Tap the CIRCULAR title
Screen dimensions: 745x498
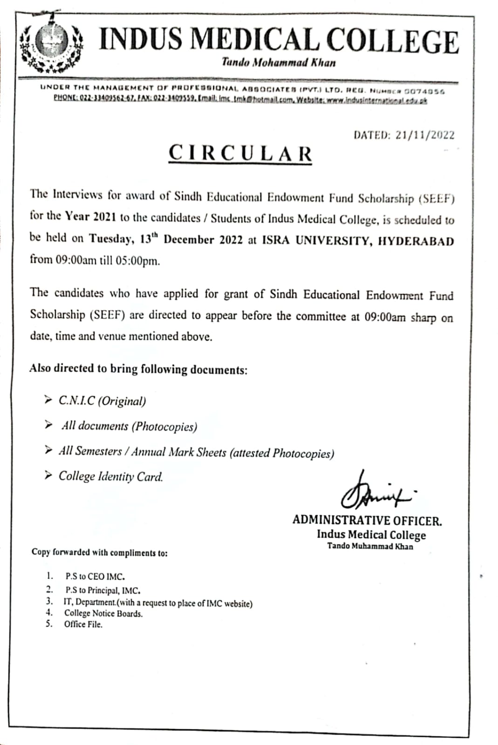pos(240,154)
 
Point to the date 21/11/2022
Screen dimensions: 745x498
pos(425,135)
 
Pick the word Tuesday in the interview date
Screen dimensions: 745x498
pos(110,239)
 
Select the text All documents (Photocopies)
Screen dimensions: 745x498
pos(129,426)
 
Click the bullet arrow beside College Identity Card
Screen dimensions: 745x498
pos(48,475)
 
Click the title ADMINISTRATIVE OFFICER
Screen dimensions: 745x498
pos(367,521)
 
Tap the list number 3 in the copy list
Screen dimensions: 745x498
pos(49,601)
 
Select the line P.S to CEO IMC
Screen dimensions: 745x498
pos(95,576)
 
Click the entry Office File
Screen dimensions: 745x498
pos(83,624)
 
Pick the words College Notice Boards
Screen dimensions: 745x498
pos(103,614)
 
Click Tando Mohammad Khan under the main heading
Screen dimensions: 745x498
pos(279,62)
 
